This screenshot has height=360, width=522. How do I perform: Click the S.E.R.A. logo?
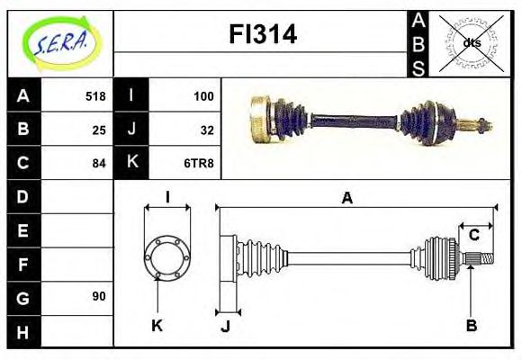click(x=59, y=40)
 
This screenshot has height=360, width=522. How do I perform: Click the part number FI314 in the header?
click(x=261, y=36)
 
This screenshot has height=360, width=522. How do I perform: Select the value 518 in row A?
click(x=95, y=95)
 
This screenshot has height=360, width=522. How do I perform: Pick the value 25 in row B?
click(x=99, y=129)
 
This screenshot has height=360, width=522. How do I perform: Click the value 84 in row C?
click(x=99, y=163)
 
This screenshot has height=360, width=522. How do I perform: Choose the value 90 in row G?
click(x=99, y=296)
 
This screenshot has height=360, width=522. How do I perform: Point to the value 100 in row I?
click(x=202, y=95)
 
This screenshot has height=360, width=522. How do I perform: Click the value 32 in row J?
click(x=206, y=129)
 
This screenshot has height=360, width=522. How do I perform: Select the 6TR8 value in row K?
click(x=200, y=163)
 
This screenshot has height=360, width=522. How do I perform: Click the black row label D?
click(x=22, y=196)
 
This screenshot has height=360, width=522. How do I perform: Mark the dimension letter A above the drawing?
click(x=346, y=198)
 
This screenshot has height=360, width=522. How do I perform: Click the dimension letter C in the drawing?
click(x=473, y=236)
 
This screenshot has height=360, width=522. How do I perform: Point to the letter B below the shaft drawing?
click(x=471, y=325)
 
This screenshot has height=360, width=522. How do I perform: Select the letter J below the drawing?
click(x=226, y=325)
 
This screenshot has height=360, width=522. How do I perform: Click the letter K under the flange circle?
click(x=157, y=325)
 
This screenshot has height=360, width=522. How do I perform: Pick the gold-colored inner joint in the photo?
click(x=260, y=118)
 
